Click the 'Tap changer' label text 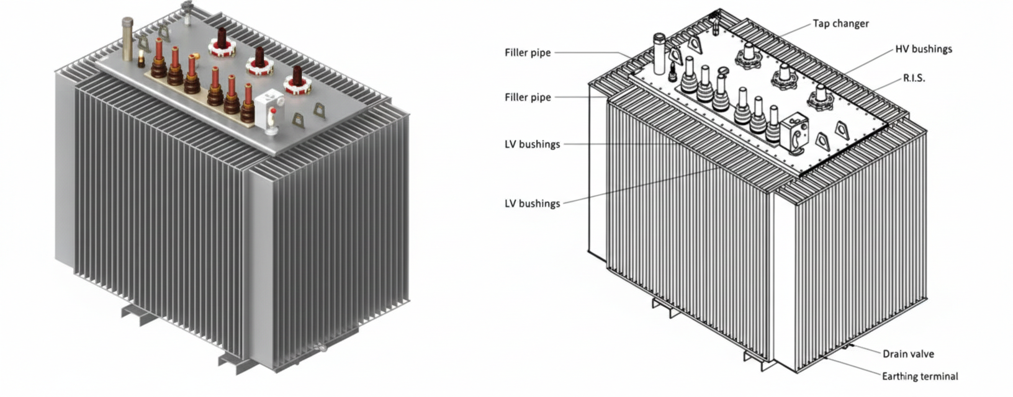click(840, 24)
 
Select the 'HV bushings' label click(923, 49)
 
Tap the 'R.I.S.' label click(914, 79)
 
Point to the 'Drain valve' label click(908, 354)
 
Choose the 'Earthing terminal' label click(920, 376)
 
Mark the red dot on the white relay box click(272, 110)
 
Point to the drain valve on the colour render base click(320, 349)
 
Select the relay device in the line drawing click(795, 132)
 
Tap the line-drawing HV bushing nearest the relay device click(821, 96)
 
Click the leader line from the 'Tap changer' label click(795, 29)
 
